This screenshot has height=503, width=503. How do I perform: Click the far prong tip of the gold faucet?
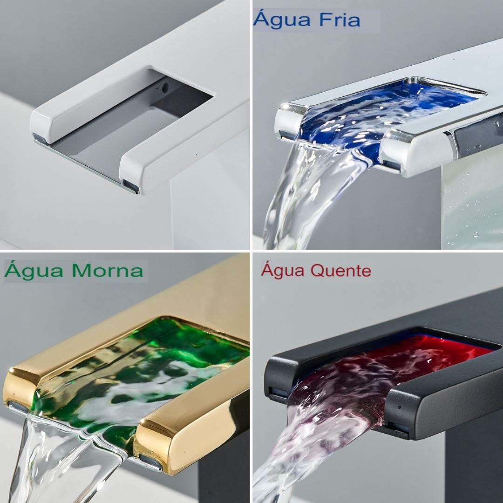[19, 391]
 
